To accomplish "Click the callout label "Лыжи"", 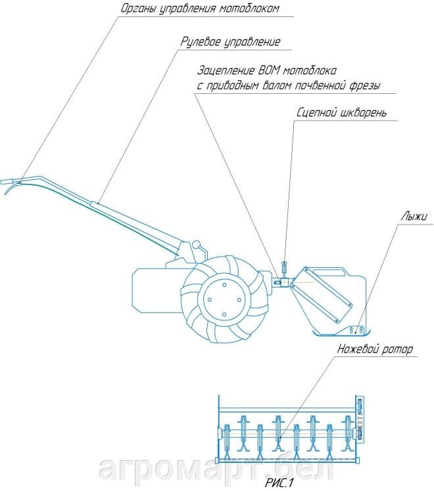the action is pos(414,217).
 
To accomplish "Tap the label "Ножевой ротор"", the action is pos(374,349).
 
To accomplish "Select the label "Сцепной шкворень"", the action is pos(341,112).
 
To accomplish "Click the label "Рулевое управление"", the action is pos(230,42).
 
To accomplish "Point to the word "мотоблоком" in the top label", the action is pos(249,9).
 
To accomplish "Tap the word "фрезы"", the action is pos(364,85).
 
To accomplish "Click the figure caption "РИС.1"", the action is pos(278,482).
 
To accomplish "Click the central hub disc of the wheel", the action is pos(224,300).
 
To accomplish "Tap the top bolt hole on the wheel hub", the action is pos(224,285).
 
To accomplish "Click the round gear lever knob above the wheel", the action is pos(197,244).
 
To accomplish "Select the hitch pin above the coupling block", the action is pos(285,268).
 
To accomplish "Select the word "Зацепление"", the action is pos(226,71).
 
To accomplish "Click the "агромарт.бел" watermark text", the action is pos(216,469).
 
